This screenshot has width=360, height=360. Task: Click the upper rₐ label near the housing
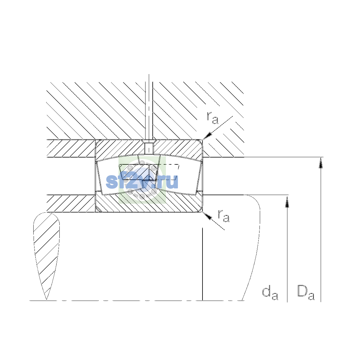point(212,118)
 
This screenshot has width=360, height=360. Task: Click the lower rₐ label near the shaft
point(223,216)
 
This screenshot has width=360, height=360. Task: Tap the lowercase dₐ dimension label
point(270,293)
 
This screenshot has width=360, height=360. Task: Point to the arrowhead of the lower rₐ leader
point(207,216)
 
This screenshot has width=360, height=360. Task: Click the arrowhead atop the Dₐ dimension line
point(321,163)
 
